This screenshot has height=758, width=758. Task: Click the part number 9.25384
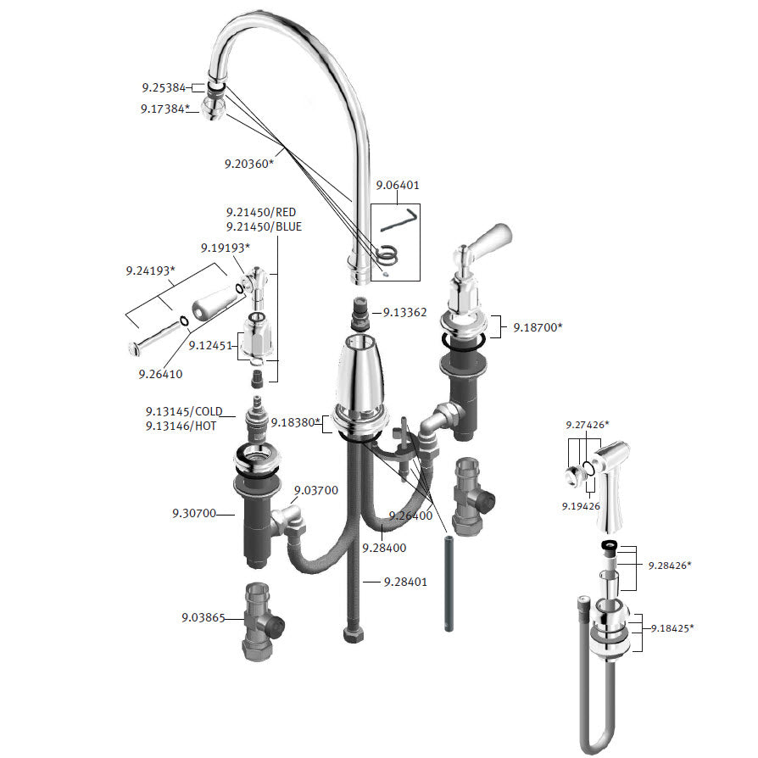pos(164,87)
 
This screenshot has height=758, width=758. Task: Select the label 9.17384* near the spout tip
pos(164,109)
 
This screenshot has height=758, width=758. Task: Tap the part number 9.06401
pos(398,185)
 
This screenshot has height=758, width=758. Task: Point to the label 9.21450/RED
pos(261,212)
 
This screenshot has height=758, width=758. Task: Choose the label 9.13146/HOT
pos(181,426)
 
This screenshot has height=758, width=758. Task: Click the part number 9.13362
pos(404,312)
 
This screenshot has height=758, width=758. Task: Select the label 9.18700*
pos(538,327)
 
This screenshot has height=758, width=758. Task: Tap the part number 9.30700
pos(194,514)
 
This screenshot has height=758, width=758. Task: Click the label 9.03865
pos(203,618)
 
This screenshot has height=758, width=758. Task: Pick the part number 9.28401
pos(405,582)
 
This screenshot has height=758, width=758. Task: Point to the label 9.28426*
pos(670,566)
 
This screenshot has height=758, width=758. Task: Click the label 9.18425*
pos(672,628)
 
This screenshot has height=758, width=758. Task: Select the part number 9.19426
pos(581,506)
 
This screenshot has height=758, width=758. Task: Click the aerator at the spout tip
pos(213,108)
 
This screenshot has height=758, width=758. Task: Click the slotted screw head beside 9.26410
pos(133,348)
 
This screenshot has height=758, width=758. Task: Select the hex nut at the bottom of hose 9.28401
pos(354,635)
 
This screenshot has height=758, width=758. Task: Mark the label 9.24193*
pos(150,270)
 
